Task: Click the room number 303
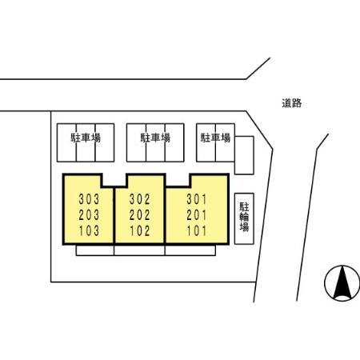(x=89, y=199)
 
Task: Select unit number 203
(x=89, y=215)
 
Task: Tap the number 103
(x=89, y=230)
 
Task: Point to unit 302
(x=140, y=199)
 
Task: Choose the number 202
(x=140, y=215)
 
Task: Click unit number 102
(x=140, y=230)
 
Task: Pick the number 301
(x=197, y=199)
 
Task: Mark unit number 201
(x=197, y=215)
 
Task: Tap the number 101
(x=197, y=230)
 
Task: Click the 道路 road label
(x=292, y=103)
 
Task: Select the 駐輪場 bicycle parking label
(x=244, y=217)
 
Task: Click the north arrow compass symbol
(x=342, y=283)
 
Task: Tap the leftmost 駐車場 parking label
(x=86, y=138)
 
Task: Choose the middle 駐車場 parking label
(x=155, y=138)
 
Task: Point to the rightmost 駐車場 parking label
(x=215, y=138)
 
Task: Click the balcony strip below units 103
(x=95, y=250)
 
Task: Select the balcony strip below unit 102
(x=139, y=250)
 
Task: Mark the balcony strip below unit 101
(x=190, y=250)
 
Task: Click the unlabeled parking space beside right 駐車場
(x=244, y=155)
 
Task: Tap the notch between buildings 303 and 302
(x=114, y=180)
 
